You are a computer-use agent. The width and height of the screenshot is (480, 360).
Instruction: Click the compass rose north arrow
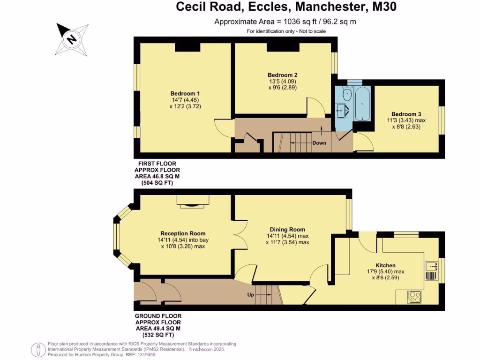point(72,38)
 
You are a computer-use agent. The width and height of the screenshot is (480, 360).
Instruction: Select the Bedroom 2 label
point(282,75)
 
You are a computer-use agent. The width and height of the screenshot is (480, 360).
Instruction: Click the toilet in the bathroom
point(347,96)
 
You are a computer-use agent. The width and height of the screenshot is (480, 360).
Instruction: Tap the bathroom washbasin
point(341,111)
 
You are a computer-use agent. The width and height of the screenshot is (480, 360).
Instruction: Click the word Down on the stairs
point(319,142)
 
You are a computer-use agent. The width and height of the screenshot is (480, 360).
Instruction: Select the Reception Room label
point(183,233)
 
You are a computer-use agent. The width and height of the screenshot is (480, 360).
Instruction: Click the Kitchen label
point(385,265)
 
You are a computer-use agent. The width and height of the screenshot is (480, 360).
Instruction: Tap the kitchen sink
point(431,270)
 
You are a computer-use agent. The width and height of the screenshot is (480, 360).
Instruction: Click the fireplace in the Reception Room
point(193,202)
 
